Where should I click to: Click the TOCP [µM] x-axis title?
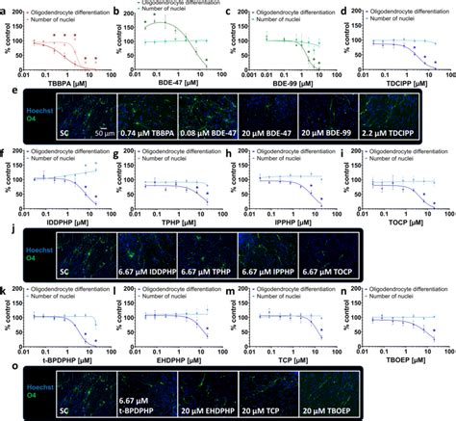(401, 221)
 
